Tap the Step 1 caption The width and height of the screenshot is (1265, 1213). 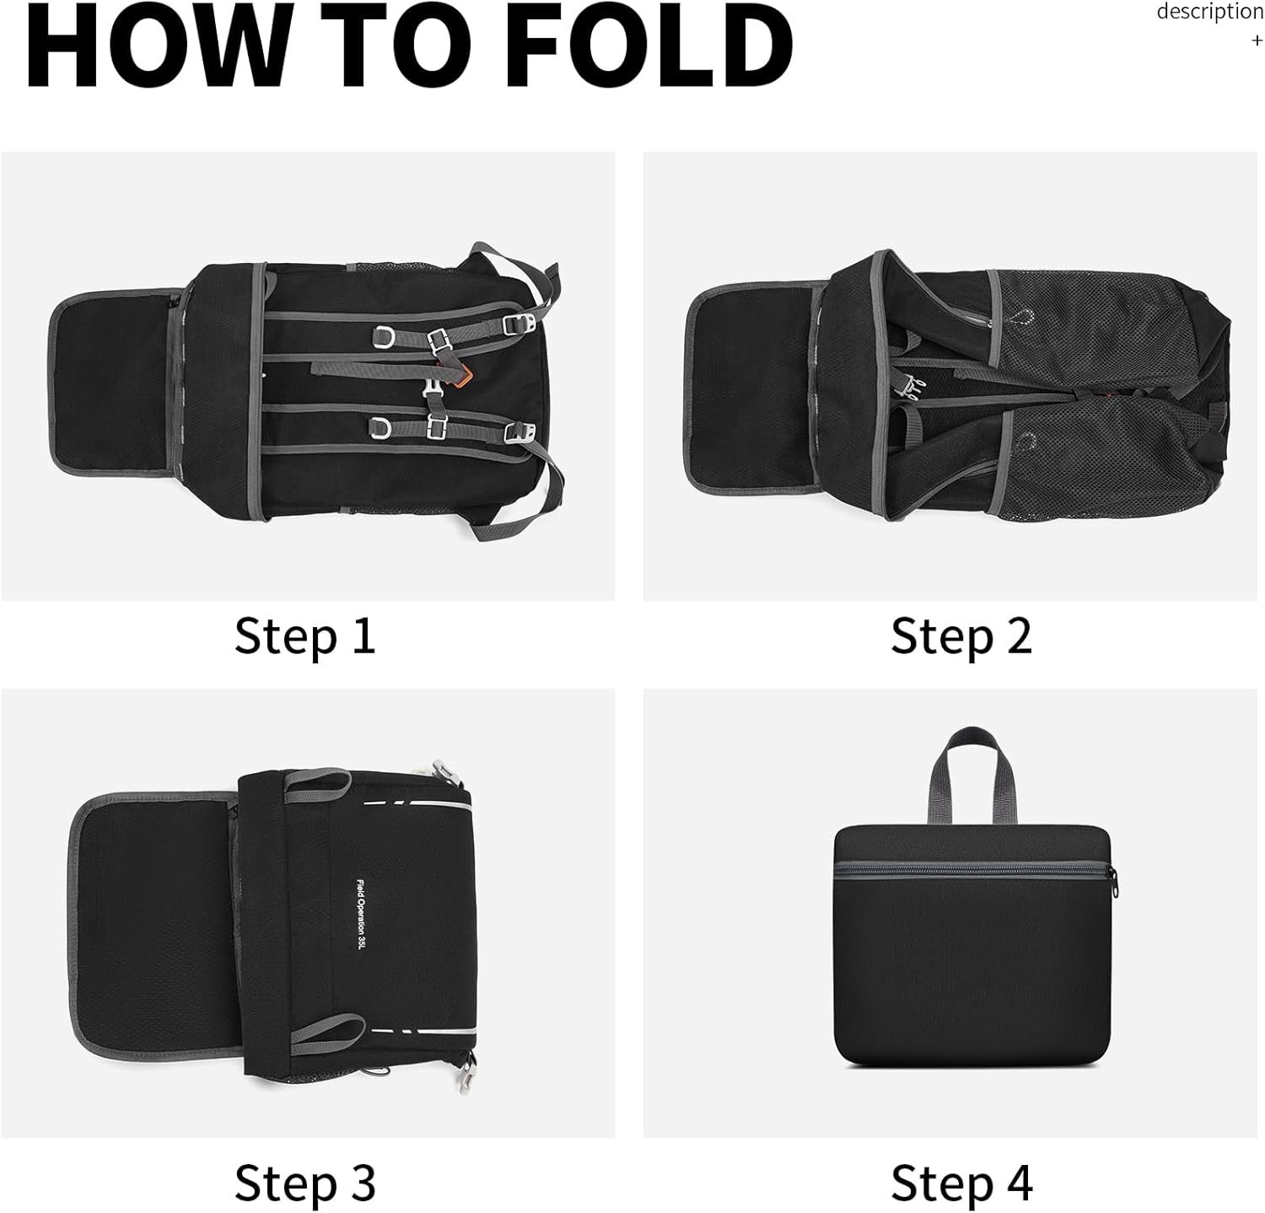[305, 636]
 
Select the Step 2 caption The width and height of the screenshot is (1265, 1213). [961, 636]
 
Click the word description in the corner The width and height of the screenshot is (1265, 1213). [1210, 12]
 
